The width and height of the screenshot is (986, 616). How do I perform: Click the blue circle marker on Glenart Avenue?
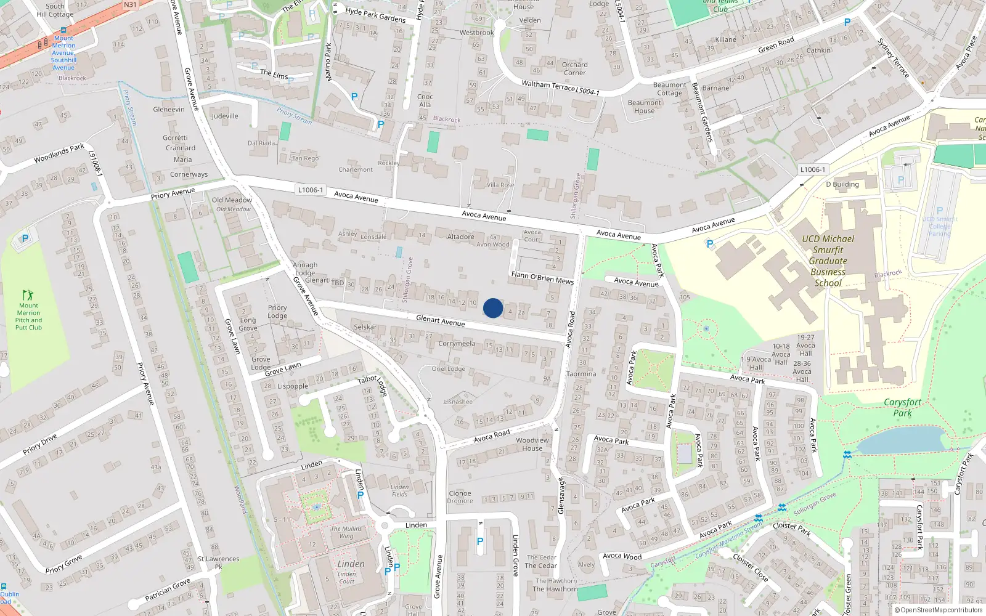[493, 308]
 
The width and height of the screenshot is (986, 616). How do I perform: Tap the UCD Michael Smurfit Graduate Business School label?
[828, 261]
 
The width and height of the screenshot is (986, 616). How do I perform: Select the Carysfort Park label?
[902, 407]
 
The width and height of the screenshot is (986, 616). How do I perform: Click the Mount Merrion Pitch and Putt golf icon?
[28, 295]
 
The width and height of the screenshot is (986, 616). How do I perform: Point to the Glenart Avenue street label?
[440, 320]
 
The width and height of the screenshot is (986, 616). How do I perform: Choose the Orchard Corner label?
[574, 68]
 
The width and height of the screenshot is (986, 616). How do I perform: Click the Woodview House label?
[532, 444]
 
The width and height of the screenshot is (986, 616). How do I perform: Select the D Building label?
[842, 184]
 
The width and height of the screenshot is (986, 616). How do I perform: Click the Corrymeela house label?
[457, 344]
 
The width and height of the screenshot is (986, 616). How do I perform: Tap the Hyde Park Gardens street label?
[375, 15]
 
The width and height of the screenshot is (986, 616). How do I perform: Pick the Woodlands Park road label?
[59, 153]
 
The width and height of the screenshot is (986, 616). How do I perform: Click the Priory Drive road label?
[40, 444]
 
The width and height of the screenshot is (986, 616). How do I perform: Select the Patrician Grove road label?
[168, 590]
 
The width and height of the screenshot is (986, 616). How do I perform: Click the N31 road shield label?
[130, 5]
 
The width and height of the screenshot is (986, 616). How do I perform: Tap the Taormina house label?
[581, 374]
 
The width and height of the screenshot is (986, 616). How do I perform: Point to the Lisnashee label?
[458, 402]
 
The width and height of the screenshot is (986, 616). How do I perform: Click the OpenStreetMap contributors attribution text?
[941, 610]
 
